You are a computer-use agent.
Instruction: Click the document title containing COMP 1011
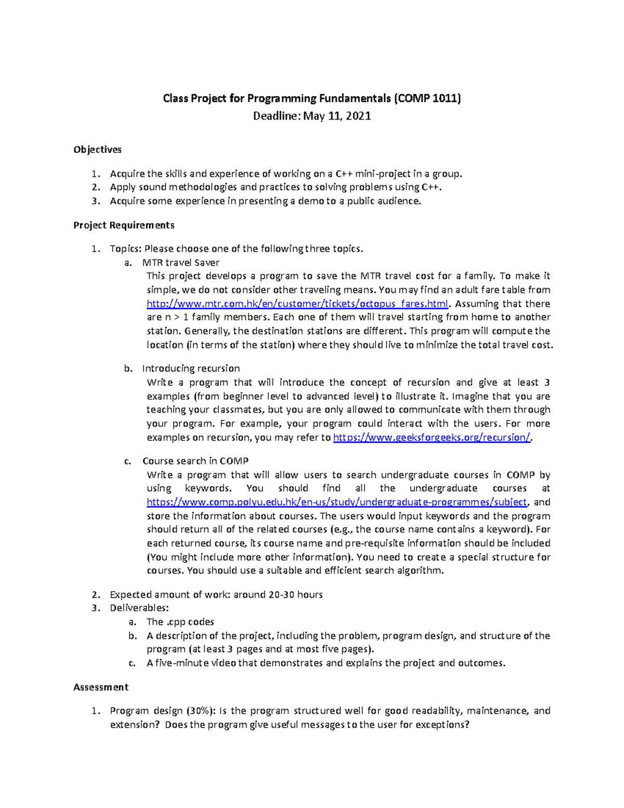point(311,98)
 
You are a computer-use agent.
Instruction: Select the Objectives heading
point(97,150)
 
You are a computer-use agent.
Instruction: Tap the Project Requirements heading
point(124,225)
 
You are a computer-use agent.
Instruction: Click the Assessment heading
point(101,687)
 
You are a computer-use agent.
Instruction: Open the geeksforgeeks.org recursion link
point(431,438)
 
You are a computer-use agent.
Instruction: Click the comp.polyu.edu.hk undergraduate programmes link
point(337,502)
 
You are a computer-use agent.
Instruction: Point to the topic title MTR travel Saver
point(180,263)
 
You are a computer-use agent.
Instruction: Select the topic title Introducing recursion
point(191,368)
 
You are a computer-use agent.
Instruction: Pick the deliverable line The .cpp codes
point(180,622)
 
